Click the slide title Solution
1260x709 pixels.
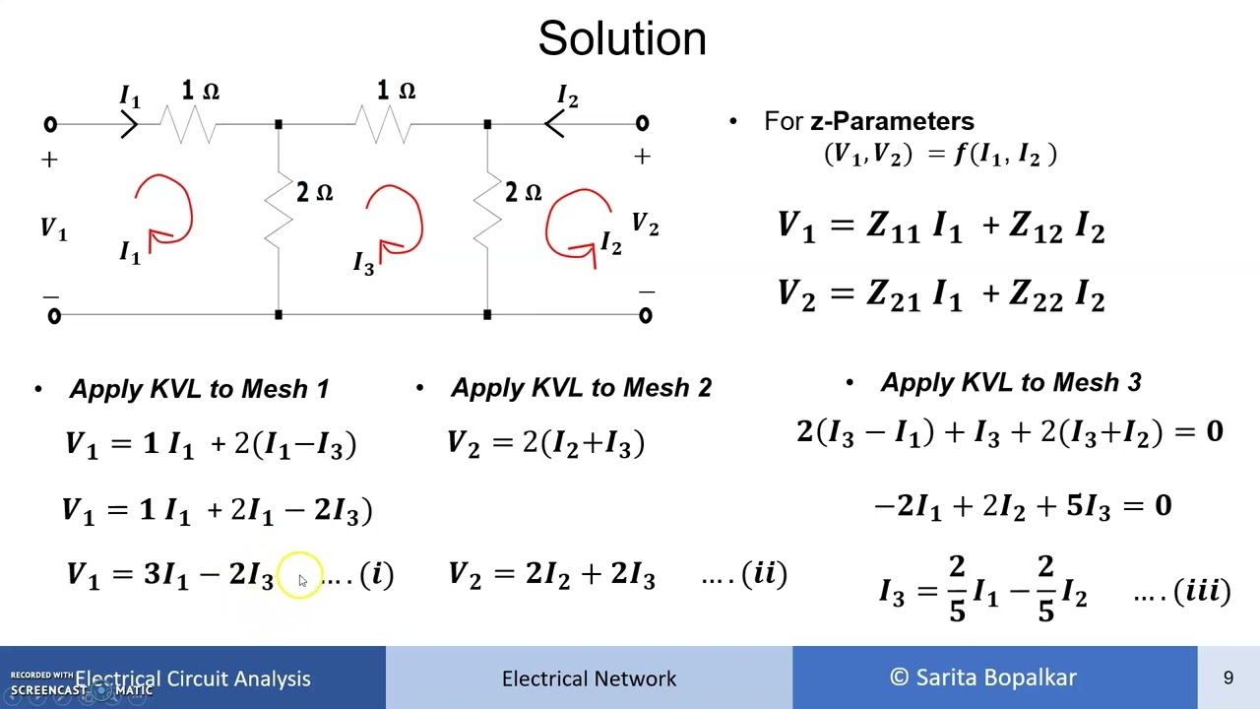622,38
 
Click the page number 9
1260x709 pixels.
1228,677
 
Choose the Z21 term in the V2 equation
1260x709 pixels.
893,294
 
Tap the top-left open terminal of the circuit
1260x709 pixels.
50,124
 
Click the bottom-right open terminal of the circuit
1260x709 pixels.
645,316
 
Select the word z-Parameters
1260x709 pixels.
892,121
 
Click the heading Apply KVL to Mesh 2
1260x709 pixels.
581,387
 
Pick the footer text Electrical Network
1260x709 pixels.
589,678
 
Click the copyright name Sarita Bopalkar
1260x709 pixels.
996,677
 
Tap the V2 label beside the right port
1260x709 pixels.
645,224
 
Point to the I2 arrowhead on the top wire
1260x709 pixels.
554,124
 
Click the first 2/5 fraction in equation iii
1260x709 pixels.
958,589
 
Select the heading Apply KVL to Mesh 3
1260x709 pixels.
1011,382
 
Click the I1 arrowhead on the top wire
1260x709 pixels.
129,125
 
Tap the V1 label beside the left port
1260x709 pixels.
54,229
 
